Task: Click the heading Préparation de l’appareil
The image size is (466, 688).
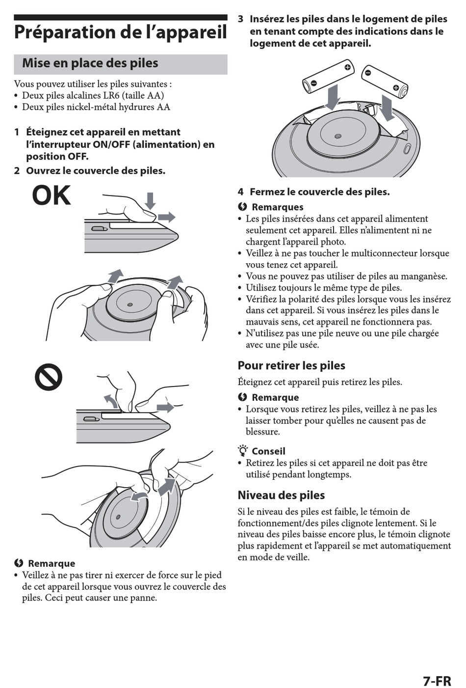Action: (120, 32)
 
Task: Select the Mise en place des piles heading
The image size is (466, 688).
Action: (90, 63)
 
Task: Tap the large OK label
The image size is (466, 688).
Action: (52, 195)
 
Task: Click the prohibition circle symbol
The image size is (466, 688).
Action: (49, 377)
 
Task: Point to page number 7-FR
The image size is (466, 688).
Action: (437, 681)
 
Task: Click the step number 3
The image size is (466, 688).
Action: (241, 19)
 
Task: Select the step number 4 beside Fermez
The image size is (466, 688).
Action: (241, 192)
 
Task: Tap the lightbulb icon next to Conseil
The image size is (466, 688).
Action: (243, 450)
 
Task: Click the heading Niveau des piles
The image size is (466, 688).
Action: (281, 495)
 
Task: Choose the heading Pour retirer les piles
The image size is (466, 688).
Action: (291, 365)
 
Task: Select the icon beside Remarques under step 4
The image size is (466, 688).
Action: (242, 207)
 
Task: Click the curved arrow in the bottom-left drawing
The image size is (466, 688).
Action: (139, 497)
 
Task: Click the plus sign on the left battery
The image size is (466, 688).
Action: (347, 67)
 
